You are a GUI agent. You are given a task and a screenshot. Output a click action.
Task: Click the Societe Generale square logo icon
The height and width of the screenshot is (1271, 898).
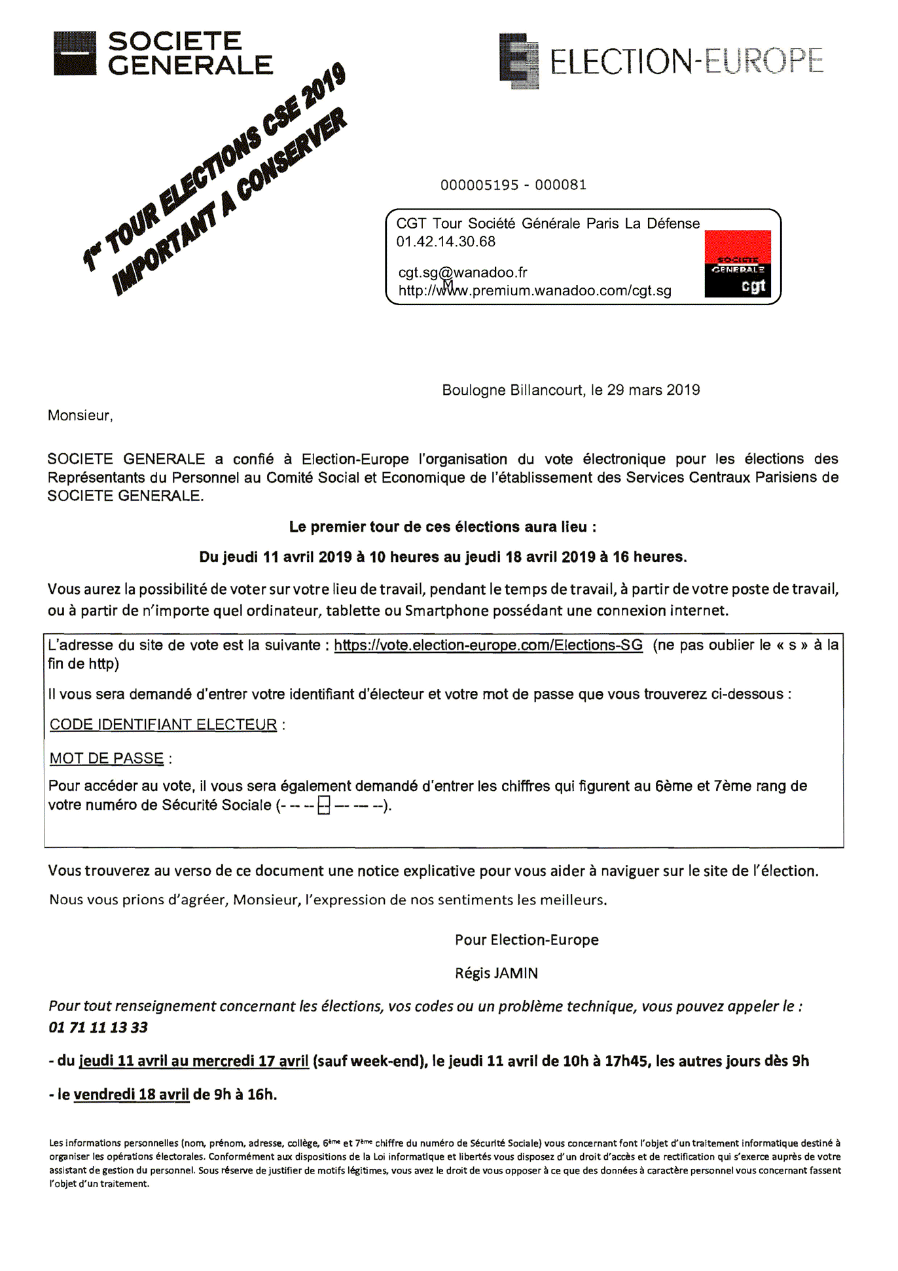75,53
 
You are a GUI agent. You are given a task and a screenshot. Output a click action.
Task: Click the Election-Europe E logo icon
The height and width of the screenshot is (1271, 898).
519,61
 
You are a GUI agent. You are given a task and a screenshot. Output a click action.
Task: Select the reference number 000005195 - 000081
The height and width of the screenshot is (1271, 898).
513,185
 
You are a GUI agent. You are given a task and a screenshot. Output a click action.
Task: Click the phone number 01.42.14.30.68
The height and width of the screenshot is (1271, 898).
446,242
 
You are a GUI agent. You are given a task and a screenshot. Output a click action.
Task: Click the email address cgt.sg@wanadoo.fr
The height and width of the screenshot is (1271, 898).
462,272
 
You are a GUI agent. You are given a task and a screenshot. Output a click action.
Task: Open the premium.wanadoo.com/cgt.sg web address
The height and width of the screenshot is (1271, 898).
535,291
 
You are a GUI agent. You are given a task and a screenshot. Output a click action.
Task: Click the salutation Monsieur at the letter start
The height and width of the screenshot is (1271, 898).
80,415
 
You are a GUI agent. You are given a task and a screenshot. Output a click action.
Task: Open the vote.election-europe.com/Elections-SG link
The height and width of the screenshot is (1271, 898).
488,645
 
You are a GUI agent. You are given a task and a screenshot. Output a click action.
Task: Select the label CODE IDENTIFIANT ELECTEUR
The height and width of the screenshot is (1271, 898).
164,725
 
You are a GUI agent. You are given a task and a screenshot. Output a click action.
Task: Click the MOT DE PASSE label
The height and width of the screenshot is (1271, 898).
107,758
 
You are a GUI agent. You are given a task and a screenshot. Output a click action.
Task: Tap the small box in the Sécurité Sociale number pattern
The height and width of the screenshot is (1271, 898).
323,805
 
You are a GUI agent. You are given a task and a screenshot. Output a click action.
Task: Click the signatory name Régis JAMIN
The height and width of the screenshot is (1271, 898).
496,974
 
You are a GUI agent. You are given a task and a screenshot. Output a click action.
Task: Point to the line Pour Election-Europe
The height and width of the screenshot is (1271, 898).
526,940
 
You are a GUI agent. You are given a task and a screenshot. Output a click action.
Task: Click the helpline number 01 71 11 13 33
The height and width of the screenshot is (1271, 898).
98,1027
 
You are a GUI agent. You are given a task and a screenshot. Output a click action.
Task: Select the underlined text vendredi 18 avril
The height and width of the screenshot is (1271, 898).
131,1094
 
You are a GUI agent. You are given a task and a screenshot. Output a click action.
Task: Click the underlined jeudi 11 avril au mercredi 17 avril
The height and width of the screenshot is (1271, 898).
194,1061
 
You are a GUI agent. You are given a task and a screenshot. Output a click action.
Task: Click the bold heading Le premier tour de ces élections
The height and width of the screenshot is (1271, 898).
442,527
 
